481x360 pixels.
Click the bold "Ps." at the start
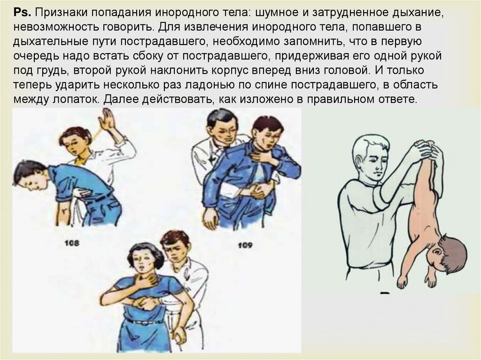22,13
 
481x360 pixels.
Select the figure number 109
245,245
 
